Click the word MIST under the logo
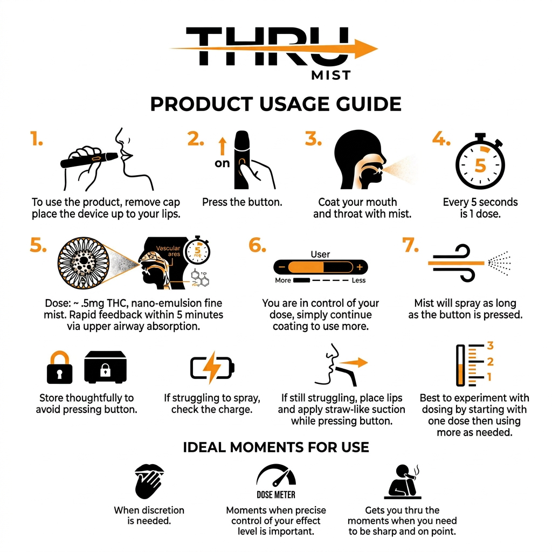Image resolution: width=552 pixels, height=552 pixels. tap(331, 75)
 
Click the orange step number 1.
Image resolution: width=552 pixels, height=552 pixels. tap(36, 139)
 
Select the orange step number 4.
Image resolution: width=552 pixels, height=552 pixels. tap(441, 139)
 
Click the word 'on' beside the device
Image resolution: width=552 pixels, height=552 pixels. tap(222, 163)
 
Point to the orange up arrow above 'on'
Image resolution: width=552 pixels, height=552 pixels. tap(222, 146)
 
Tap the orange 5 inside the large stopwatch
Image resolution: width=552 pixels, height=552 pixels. tap(480, 165)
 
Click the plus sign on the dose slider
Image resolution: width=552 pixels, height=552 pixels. tap(360, 267)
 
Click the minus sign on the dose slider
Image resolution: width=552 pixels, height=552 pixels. tap(281, 267)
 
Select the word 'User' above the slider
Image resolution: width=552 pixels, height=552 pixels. tap(320, 254)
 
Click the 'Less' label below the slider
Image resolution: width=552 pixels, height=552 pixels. tap(358, 280)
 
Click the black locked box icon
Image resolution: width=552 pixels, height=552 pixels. tap(105, 367)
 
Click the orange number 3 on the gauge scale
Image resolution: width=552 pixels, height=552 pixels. tap(490, 346)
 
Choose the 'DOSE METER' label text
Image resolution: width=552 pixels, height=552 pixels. tap(275, 495)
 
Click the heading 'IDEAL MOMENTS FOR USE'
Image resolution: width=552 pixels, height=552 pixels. tap(276, 447)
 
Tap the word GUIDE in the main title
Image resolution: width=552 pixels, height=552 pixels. tap(369, 104)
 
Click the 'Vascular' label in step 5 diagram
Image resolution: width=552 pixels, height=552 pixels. tap(168, 248)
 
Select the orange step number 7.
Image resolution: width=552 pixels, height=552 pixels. tap(410, 245)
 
